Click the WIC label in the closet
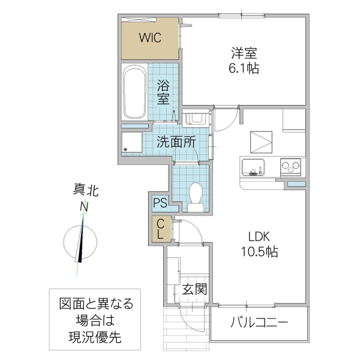pyautogui.click(x=149, y=38)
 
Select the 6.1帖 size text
pyautogui.click(x=243, y=68)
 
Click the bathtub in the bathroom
pyautogui.click(x=133, y=93)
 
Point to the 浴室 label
pyautogui.click(x=163, y=91)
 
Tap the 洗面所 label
pyautogui.click(x=176, y=142)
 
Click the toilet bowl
pyautogui.click(x=195, y=196)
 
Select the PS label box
pyautogui.click(x=160, y=203)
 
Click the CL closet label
pyautogui.click(x=160, y=230)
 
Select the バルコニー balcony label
pyautogui.click(x=259, y=323)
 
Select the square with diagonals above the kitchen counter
pyautogui.click(x=260, y=142)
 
